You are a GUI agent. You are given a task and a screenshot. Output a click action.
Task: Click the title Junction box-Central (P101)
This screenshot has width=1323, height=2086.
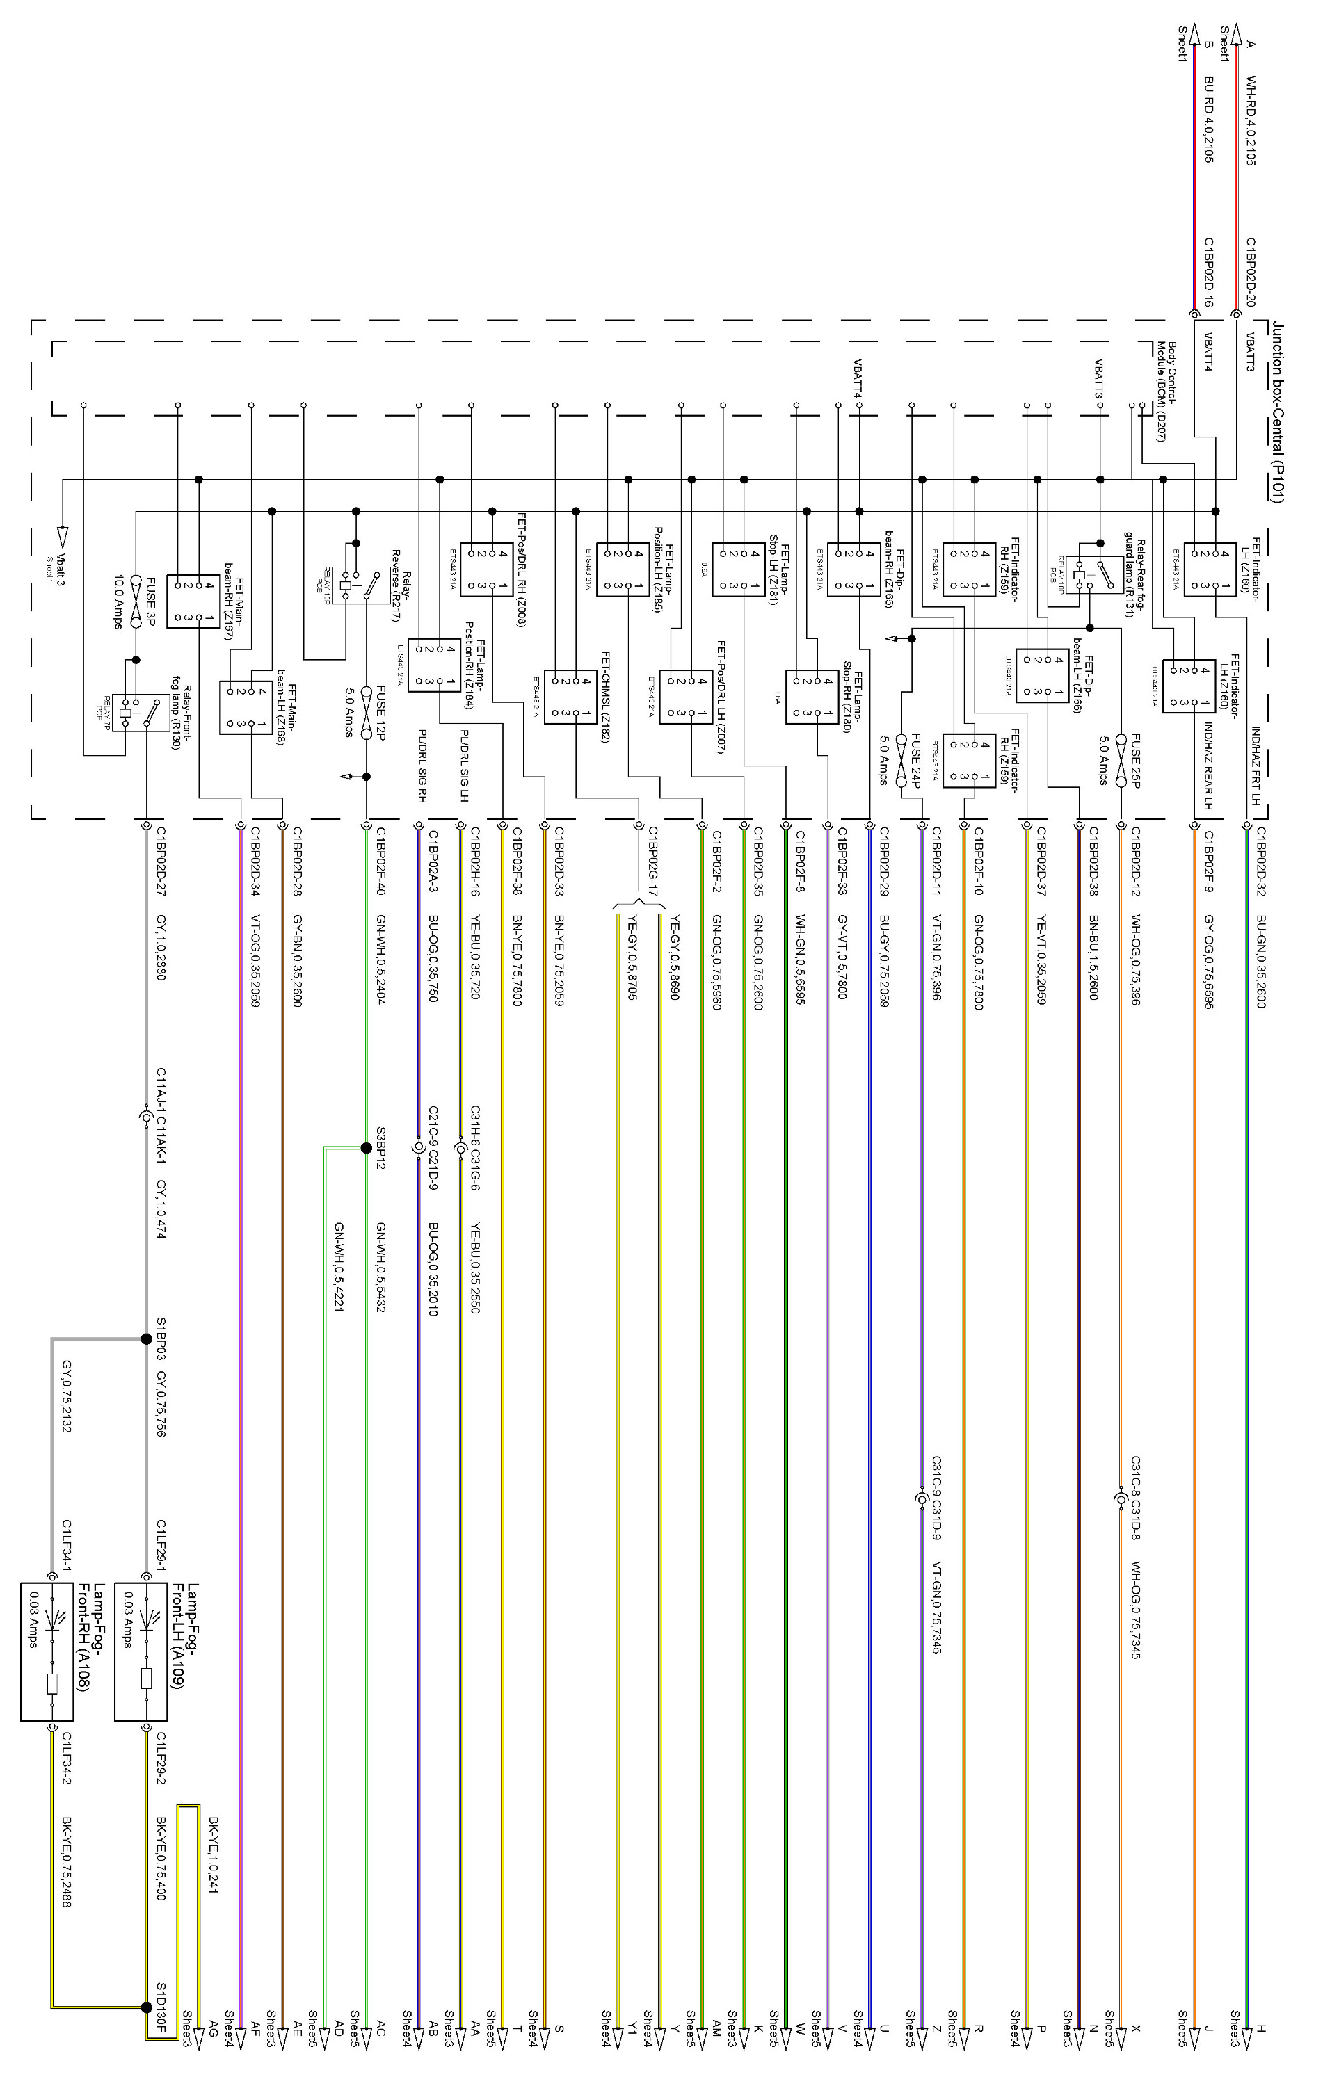pos(1277,411)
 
